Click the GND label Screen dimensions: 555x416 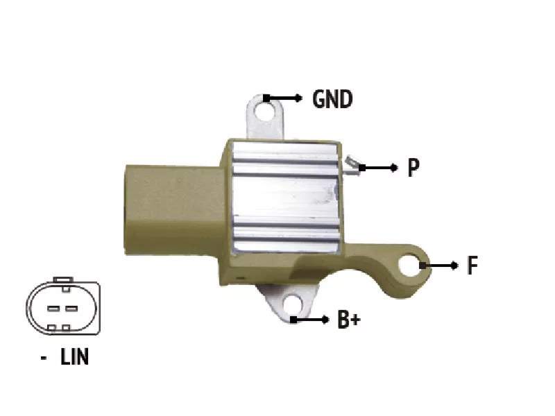(332, 98)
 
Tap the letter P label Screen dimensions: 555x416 (413, 167)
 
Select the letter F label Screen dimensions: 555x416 (472, 265)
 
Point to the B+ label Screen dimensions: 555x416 (349, 319)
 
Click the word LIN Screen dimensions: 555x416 (74, 356)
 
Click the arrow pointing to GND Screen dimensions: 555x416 (282, 98)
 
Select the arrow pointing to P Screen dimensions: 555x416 (378, 168)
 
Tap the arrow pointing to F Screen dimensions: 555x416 (438, 266)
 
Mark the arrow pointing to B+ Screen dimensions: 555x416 (309, 320)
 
